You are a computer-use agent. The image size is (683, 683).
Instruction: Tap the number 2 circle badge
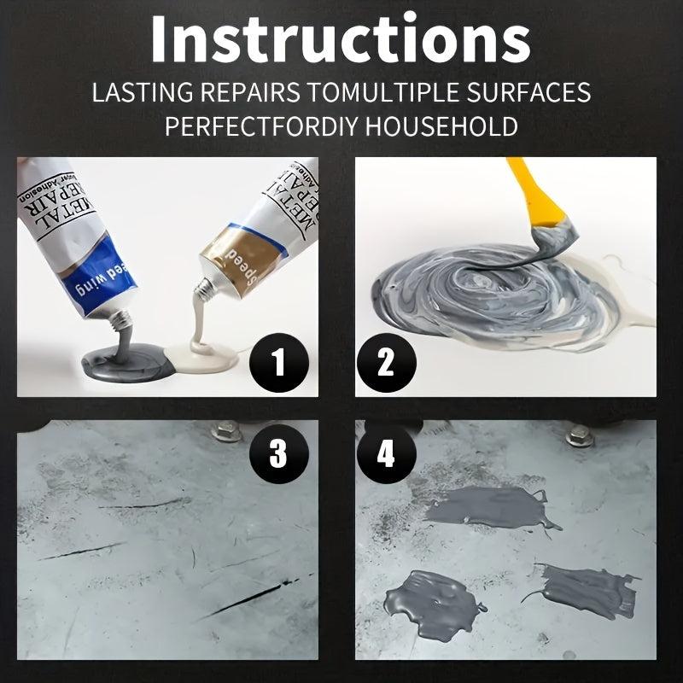[385, 363]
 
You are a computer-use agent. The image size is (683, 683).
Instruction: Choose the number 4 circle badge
[385, 453]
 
